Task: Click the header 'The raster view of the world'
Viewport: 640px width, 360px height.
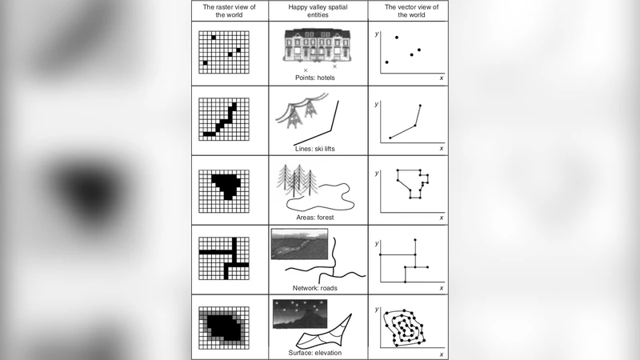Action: pos(229,11)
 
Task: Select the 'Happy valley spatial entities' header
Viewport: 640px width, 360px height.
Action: pos(318,11)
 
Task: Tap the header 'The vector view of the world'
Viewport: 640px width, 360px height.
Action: pos(411,11)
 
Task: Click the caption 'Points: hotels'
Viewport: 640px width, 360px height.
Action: pos(314,78)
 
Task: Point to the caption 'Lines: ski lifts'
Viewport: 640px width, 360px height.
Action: pos(314,149)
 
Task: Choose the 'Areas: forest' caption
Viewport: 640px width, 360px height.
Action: pos(314,218)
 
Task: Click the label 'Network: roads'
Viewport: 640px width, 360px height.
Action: pos(314,288)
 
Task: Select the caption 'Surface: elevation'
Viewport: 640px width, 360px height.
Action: pos(314,353)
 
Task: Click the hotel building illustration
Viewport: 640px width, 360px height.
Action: pos(317,46)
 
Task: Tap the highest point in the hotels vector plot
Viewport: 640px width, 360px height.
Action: pos(397,38)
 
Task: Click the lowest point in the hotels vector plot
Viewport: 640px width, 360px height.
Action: pos(387,62)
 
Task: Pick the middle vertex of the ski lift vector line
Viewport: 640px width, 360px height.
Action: pos(415,126)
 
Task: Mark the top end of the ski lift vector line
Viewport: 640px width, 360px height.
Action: pos(421,106)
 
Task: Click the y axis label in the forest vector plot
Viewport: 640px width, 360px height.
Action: pos(377,173)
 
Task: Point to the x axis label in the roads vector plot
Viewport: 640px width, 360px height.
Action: pos(442,288)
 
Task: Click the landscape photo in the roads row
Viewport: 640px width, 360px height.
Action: pos(299,244)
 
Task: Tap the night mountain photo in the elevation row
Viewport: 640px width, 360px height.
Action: pos(299,314)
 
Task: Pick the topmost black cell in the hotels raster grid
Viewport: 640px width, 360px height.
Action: pos(214,38)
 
